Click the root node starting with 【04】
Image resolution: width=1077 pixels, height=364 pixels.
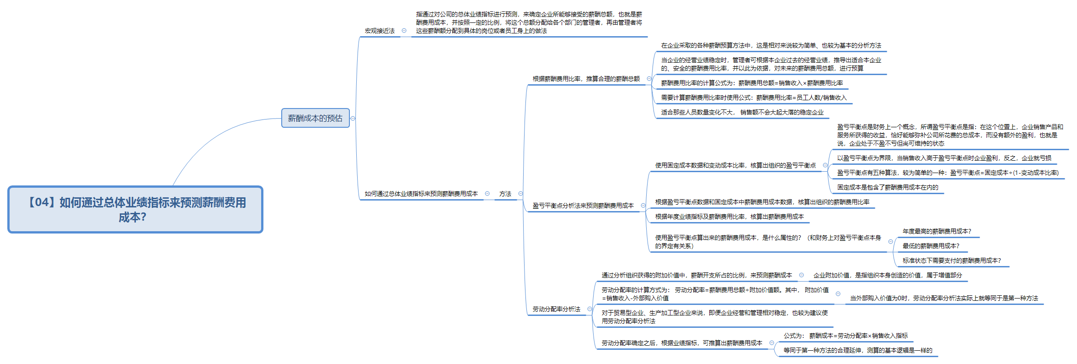coord(135,209)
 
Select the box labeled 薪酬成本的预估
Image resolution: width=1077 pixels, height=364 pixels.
coord(315,118)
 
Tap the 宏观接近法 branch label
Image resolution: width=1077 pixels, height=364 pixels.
coord(380,31)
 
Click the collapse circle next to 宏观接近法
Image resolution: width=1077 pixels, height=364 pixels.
coord(404,31)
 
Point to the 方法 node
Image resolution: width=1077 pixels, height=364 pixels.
coord(505,194)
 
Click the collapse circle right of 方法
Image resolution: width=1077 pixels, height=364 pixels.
coord(520,194)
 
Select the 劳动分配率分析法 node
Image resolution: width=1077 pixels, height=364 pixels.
coord(556,309)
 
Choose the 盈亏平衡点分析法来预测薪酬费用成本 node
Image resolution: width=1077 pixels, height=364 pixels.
coord(583,206)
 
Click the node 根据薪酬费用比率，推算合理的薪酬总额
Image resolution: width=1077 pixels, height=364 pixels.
coord(586,79)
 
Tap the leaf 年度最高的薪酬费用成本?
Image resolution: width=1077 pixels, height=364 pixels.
coord(937,231)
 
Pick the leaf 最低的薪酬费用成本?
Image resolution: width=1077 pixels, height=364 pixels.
coord(931,246)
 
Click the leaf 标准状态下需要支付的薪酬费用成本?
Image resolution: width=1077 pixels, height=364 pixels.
coord(951,261)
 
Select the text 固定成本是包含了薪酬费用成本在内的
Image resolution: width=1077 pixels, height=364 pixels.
coord(887,187)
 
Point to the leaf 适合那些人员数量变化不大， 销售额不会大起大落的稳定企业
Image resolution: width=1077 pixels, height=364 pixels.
coord(742,112)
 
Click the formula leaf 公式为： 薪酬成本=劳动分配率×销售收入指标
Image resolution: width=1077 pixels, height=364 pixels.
coord(846,336)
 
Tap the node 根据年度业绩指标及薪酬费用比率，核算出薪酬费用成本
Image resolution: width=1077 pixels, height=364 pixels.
coord(729,217)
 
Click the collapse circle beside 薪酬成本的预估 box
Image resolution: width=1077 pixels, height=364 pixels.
coord(353,119)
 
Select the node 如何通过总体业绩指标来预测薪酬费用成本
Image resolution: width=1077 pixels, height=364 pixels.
coord(421,194)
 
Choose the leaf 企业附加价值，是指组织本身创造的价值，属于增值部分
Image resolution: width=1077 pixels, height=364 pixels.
coord(887,275)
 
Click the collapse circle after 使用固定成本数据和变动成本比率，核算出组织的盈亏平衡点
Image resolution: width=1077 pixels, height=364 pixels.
coord(825,165)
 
